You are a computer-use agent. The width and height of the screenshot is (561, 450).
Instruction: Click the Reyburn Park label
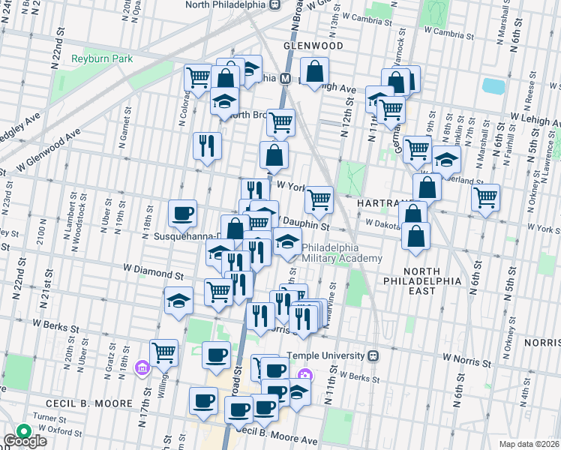97,59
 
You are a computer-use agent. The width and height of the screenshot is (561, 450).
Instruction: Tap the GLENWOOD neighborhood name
313,46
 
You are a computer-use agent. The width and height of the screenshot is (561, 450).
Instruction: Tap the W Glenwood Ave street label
46,148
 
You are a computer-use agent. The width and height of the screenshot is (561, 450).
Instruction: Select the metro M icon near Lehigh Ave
286,78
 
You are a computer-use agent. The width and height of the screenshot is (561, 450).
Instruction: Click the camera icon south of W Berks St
304,376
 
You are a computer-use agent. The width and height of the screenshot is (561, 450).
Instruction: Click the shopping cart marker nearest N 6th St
486,197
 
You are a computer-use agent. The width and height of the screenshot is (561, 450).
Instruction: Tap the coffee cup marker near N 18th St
182,213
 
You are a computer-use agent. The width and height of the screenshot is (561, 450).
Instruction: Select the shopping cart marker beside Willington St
163,351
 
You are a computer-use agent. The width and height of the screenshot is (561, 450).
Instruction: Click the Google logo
25,440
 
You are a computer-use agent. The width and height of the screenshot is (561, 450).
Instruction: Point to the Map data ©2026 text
529,444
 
